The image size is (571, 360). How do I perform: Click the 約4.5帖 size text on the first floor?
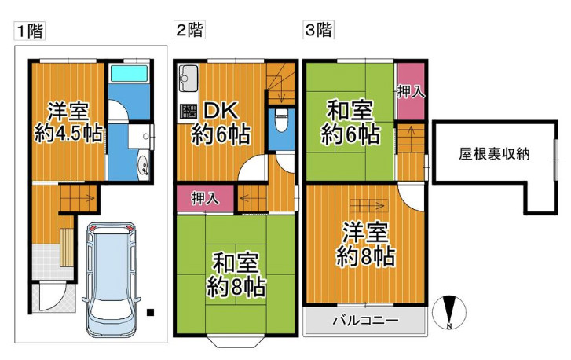point(68,133)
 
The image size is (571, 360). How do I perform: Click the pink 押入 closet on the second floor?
point(206,198)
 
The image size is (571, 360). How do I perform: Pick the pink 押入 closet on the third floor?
point(410,92)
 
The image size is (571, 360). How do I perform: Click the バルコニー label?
point(364,321)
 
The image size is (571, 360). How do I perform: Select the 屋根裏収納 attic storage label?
point(494,154)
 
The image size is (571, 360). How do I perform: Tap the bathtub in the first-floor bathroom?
point(128,75)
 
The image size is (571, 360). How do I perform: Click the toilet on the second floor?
point(282,123)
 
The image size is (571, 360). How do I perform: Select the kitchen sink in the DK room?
point(189,79)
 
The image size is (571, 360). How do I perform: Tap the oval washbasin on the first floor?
point(144,165)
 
